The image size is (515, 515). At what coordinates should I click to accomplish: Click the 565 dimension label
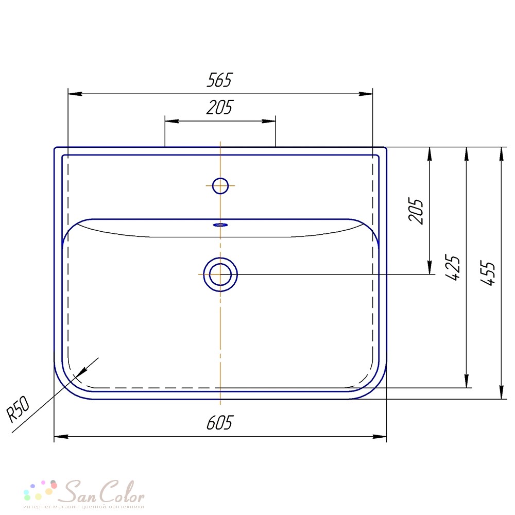(x=219, y=80)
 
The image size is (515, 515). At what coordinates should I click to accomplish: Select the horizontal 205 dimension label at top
(x=219, y=108)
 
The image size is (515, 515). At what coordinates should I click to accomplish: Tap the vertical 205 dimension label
(x=416, y=211)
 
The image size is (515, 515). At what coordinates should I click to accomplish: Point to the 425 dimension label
(x=452, y=267)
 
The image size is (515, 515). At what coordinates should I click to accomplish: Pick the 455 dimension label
(x=487, y=273)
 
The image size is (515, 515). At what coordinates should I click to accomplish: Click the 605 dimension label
(x=219, y=423)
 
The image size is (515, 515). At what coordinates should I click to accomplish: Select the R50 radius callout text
(x=19, y=409)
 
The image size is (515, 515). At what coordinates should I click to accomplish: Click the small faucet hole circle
(x=220, y=185)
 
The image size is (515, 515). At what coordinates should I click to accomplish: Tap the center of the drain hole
(x=220, y=274)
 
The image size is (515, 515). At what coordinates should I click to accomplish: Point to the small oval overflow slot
(x=220, y=225)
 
